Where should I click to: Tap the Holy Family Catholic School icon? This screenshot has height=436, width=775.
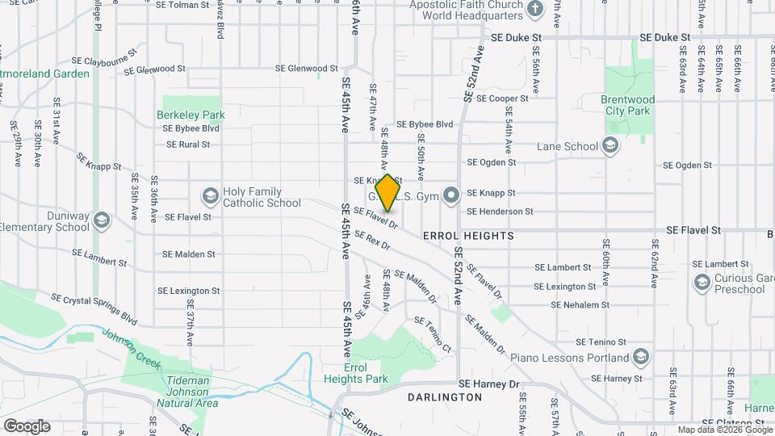pyautogui.click(x=210, y=195)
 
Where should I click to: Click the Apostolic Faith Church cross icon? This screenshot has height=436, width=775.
pyautogui.click(x=534, y=10)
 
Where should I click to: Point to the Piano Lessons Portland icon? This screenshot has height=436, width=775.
pyautogui.click(x=640, y=357)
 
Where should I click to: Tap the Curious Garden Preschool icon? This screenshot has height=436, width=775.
pyautogui.click(x=701, y=281)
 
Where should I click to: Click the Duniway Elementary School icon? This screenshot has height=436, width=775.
pyautogui.click(x=101, y=220)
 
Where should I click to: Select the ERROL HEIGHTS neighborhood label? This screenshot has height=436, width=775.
pyautogui.click(x=468, y=236)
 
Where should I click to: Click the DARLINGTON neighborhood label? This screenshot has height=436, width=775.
pyautogui.click(x=445, y=397)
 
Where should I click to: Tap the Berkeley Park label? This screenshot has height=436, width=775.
pyautogui.click(x=191, y=115)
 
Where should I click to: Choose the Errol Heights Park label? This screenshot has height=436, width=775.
pyautogui.click(x=356, y=373)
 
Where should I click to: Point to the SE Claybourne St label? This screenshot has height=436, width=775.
pyautogui.click(x=105, y=61)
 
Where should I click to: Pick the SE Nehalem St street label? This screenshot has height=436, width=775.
pyautogui.click(x=580, y=305)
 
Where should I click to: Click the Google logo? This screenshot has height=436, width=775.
pyautogui.click(x=27, y=426)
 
